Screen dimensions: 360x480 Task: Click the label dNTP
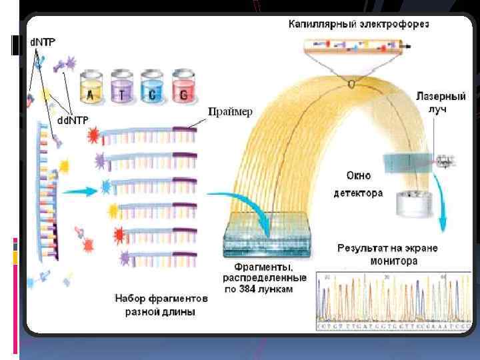click(43, 41)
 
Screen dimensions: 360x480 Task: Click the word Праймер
click(230, 112)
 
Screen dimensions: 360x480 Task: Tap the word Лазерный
click(442, 96)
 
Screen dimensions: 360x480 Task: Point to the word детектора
click(359, 193)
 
